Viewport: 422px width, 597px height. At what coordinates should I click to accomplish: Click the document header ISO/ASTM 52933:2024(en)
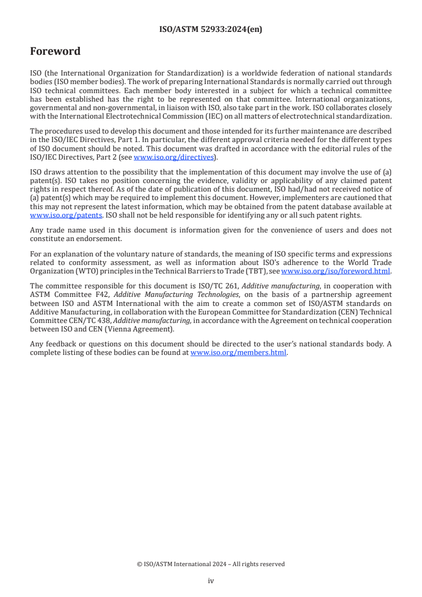click(x=211, y=30)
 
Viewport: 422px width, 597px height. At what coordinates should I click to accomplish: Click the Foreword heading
click(x=55, y=52)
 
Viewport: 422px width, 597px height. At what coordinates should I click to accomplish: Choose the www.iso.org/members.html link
click(x=238, y=353)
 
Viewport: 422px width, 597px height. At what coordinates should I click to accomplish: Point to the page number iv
click(x=211, y=581)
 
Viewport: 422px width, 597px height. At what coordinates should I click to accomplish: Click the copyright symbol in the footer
click(x=139, y=564)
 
